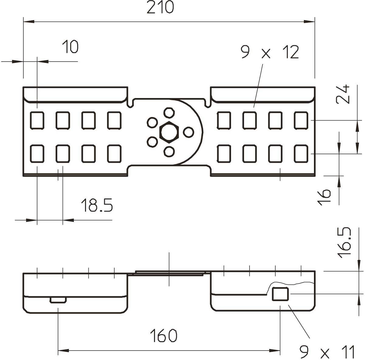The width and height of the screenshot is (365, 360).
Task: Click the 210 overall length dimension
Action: [160, 8]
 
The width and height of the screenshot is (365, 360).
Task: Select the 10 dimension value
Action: [70, 47]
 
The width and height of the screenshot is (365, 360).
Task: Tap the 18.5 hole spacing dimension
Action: [97, 205]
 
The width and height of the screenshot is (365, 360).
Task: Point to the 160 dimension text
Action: [163, 336]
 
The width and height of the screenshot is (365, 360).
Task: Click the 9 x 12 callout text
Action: [270, 52]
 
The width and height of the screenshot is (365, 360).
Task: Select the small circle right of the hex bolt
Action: [188, 132]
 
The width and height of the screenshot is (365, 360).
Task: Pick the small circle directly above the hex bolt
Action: [168, 112]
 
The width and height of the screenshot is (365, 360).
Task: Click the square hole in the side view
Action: [280, 294]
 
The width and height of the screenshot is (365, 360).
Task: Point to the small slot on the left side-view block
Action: [58, 300]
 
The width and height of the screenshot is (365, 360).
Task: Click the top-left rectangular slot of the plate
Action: [37, 120]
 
